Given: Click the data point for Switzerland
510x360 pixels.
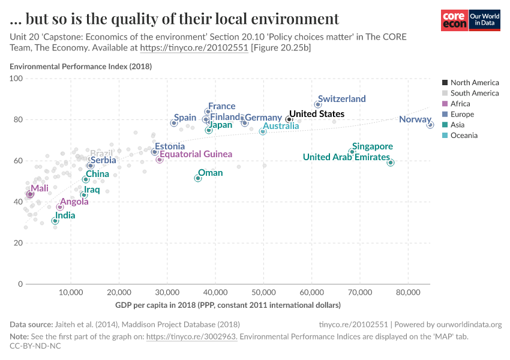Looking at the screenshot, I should (x=318, y=104).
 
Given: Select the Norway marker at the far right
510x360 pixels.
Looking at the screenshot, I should (x=430, y=125).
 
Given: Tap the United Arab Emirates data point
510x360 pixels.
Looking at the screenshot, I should (x=391, y=163).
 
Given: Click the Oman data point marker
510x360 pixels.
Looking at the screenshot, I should (x=198, y=178).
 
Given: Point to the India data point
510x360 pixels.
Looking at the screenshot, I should (x=55, y=221).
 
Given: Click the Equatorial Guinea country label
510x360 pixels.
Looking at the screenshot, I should (x=195, y=154).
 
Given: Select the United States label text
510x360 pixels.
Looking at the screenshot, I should (x=316, y=113).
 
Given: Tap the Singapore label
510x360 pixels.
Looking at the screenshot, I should (x=372, y=146).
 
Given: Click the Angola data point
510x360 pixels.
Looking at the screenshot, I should (x=60, y=207).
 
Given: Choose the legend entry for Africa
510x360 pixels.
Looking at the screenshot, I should (x=460, y=104).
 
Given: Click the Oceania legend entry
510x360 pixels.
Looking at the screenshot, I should (x=464, y=136).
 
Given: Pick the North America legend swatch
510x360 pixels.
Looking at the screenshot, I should (x=444, y=83).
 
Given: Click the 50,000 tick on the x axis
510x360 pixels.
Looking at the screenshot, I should (x=263, y=292).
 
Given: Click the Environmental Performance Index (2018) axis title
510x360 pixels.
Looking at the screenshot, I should (x=80, y=66).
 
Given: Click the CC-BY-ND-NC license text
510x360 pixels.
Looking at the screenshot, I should (x=35, y=346).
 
